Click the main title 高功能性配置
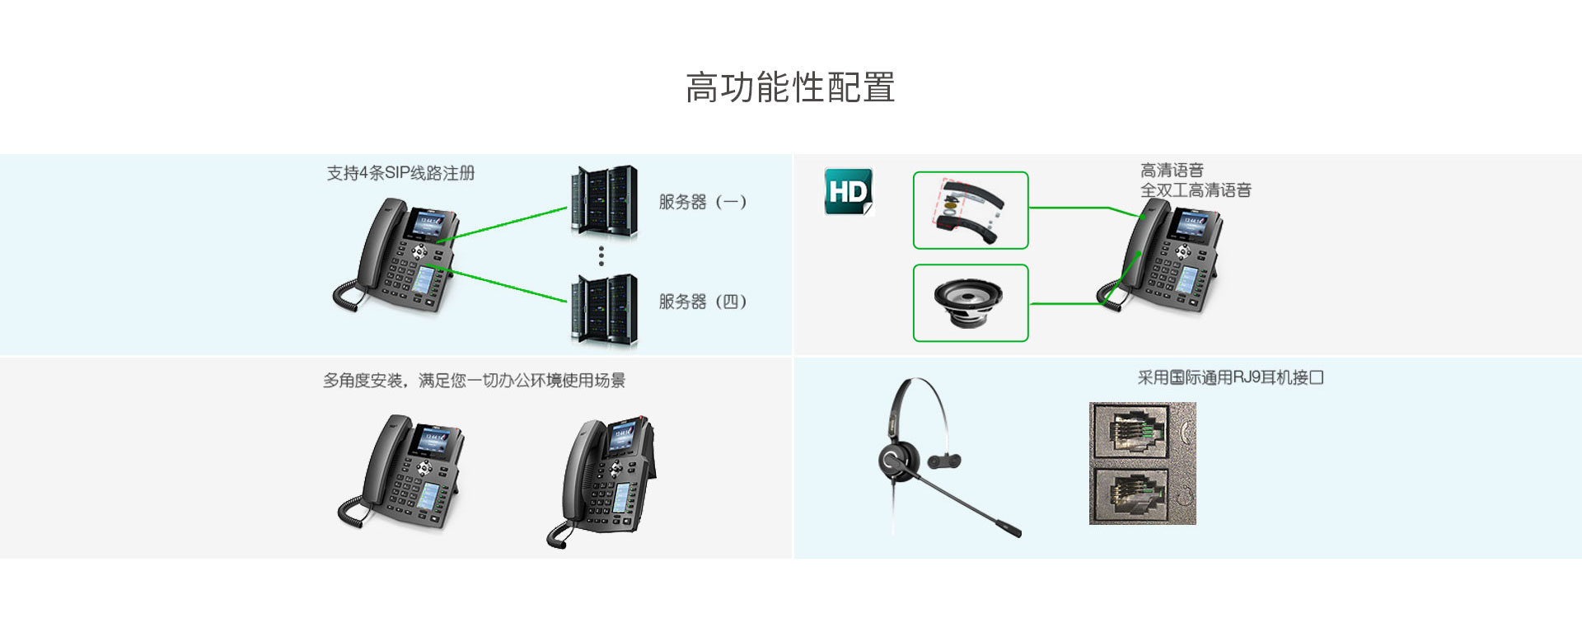pos(790,87)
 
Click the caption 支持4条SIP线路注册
pos(400,173)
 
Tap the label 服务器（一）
pos(702,202)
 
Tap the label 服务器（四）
pos(702,302)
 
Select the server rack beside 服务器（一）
pos(604,202)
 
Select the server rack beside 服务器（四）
pos(604,309)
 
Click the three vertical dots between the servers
pos(601,255)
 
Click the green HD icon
pos(848,191)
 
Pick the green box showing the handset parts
pos(971,210)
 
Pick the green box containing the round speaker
pos(971,302)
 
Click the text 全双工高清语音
pos(1196,190)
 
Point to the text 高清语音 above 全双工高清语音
pos(1172,171)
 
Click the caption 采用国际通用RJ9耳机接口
pos(1230,377)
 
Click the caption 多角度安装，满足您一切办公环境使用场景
pos(474,381)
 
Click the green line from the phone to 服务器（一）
pos(503,224)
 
